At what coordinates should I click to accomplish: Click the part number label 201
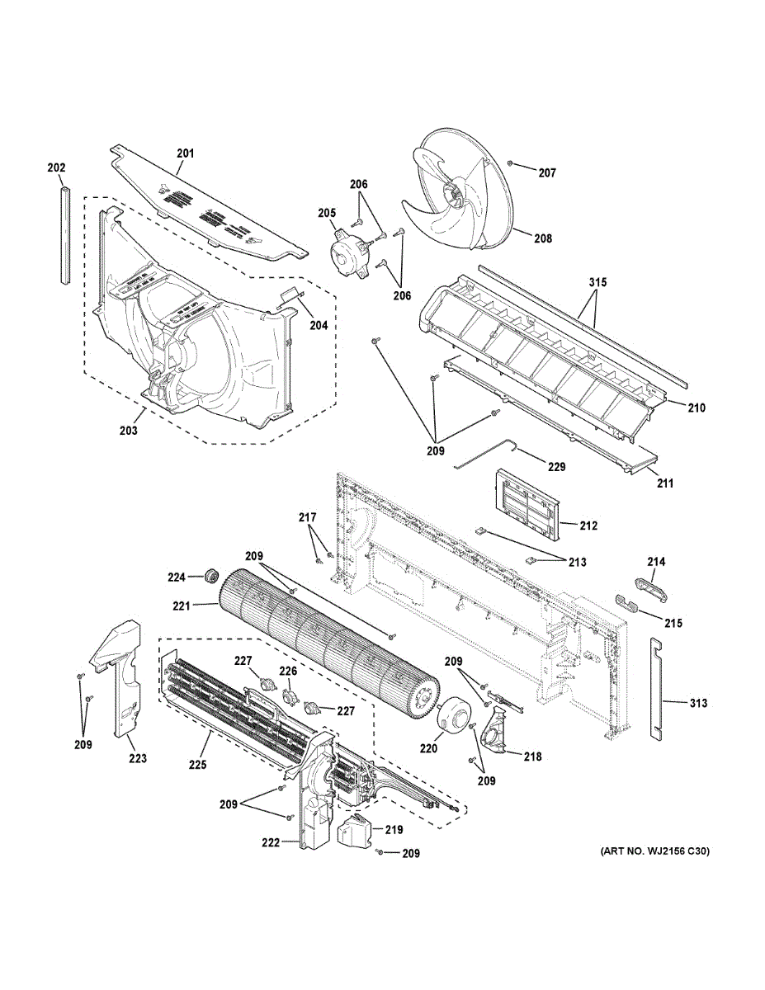185,153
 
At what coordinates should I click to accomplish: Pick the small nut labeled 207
512,165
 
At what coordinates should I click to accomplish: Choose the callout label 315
597,283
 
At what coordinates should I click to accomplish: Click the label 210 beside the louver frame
697,407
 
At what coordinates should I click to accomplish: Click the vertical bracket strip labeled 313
656,688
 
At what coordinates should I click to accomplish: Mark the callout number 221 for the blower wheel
182,606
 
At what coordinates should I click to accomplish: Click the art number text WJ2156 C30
651,851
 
